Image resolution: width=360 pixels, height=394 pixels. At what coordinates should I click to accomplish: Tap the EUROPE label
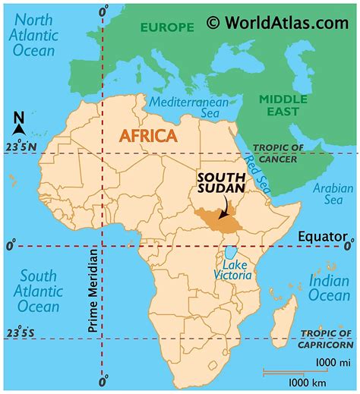(x=166, y=27)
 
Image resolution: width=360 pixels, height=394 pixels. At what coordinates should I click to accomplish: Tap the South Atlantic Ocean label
(x=39, y=292)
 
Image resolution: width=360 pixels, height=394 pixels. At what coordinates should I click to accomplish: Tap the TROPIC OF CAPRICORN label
(x=327, y=339)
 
